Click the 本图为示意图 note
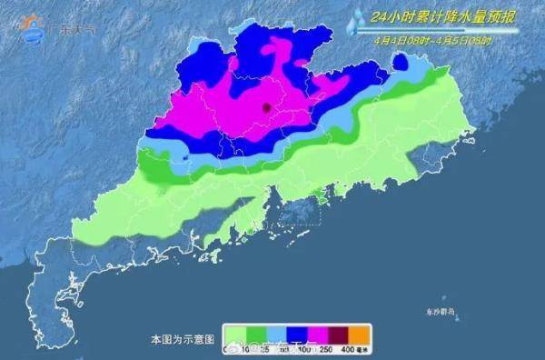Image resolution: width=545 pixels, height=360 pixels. point(183,338)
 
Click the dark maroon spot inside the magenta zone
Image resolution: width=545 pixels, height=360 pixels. point(266,107)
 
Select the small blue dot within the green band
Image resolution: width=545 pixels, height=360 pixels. point(185,158)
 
